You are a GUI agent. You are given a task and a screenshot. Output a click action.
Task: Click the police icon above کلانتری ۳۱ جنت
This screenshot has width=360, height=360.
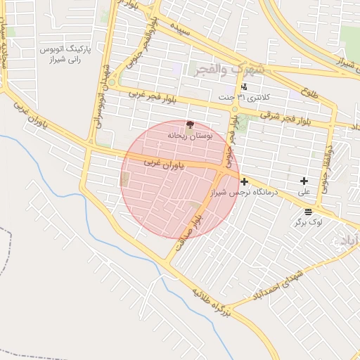click(x=244, y=87)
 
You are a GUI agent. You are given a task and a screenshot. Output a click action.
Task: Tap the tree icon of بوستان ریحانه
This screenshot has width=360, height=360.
click(x=189, y=124)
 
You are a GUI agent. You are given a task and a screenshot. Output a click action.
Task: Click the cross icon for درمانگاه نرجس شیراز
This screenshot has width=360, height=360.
click(x=244, y=181)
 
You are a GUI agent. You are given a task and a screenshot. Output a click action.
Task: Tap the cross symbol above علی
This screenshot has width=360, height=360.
click(x=304, y=181)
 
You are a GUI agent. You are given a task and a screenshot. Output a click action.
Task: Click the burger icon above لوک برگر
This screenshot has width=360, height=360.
click(x=309, y=212)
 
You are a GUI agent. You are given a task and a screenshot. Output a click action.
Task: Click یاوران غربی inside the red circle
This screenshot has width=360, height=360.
click(x=163, y=164)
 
